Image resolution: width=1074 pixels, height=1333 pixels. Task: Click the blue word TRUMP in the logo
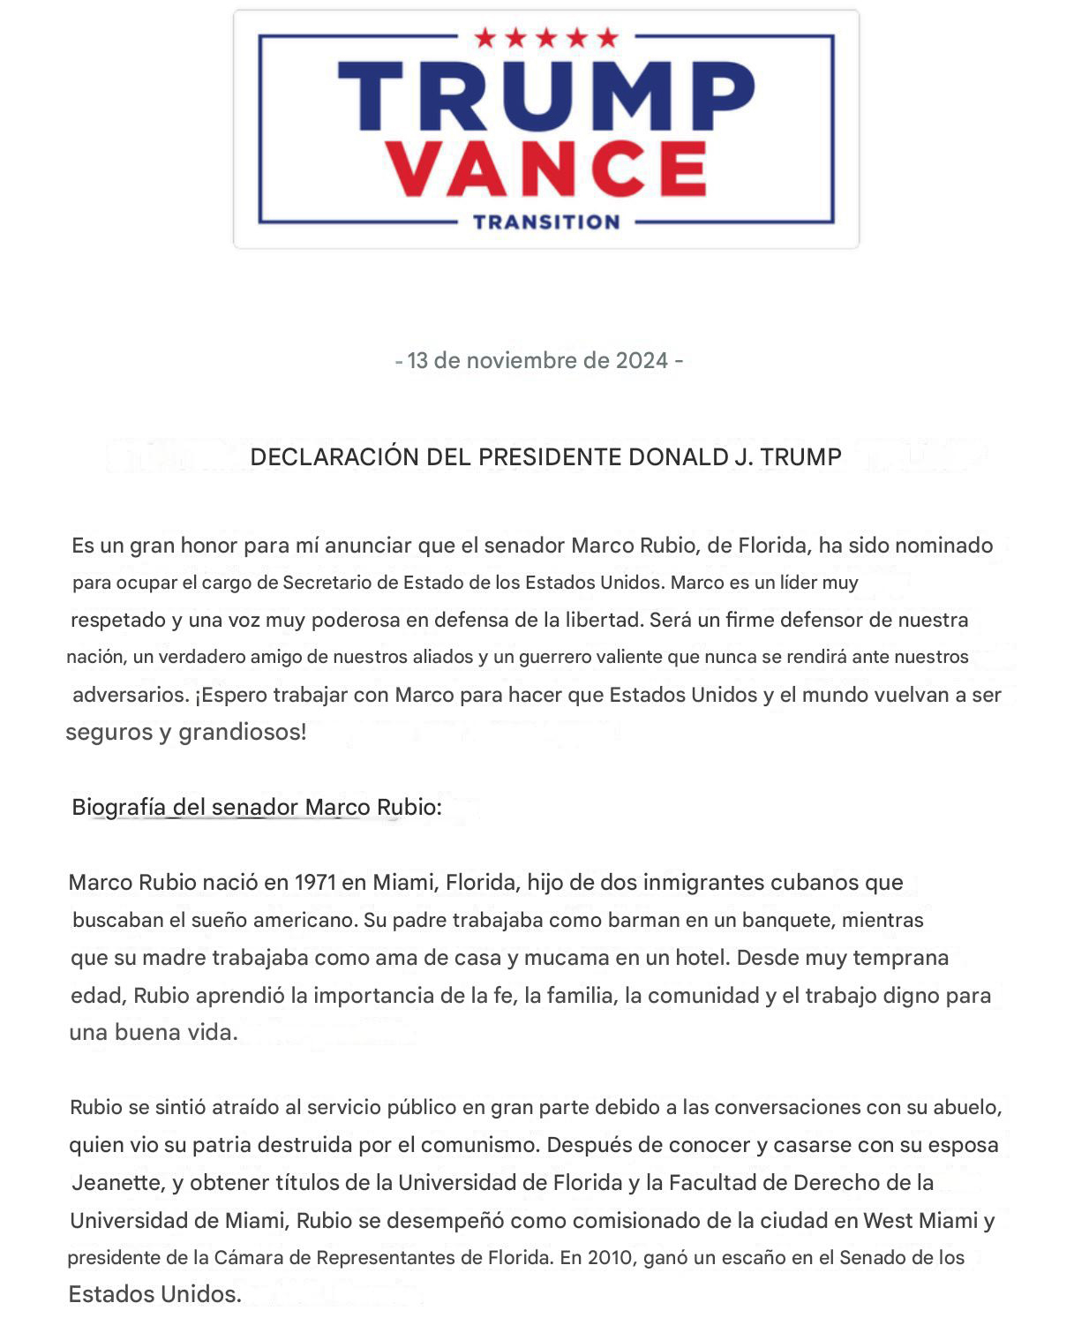click(x=546, y=96)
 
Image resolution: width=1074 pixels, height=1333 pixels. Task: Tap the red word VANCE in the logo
click(x=547, y=169)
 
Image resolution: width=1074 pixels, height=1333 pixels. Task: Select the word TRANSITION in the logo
click(x=546, y=222)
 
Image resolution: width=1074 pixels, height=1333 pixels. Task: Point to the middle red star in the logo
click(x=546, y=38)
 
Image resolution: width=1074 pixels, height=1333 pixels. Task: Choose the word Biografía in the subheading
click(x=118, y=807)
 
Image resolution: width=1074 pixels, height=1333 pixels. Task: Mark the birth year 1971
click(x=315, y=882)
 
